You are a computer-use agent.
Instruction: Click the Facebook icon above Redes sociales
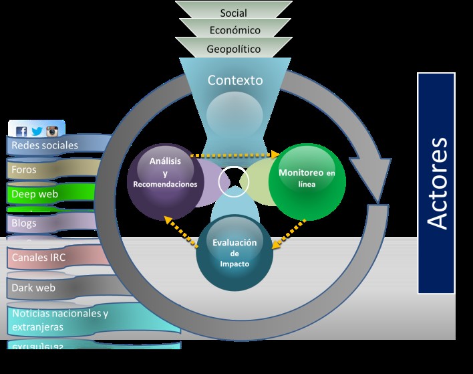point(21,131)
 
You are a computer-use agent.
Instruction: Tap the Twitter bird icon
point(36,131)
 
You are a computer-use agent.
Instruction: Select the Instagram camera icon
point(51,131)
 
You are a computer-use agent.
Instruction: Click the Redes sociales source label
point(45,145)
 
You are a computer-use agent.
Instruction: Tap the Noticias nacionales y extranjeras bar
point(60,320)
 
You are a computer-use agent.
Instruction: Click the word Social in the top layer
point(233,13)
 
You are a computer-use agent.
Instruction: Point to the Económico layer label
point(234,30)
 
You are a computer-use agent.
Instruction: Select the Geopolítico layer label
point(233,49)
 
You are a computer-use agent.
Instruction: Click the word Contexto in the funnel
point(235,80)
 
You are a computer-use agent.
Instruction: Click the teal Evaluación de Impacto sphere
point(234,253)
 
